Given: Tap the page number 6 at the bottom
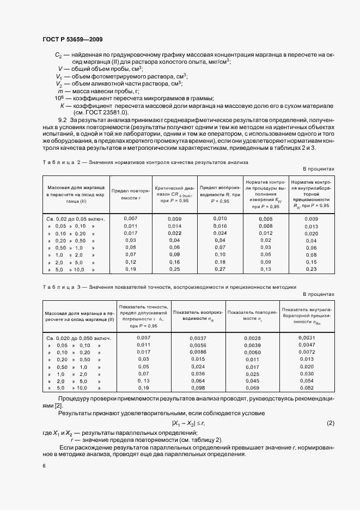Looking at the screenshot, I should [x=44, y=466].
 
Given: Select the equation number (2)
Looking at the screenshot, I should [x=330, y=423].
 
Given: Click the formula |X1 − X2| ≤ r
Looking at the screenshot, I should [x=188, y=423].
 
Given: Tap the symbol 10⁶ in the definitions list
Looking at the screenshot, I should [x=59, y=98].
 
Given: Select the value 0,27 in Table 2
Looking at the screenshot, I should [x=220, y=269].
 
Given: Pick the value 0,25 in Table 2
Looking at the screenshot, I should [x=174, y=269].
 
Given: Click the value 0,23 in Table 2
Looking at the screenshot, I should [x=312, y=269].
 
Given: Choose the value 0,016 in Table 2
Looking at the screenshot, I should [x=220, y=226].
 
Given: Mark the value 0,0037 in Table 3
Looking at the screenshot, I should [x=197, y=338].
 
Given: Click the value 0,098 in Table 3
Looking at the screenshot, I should [x=197, y=387].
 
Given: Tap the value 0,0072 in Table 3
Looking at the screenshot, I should [x=307, y=353].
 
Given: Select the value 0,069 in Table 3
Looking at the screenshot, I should [x=252, y=387].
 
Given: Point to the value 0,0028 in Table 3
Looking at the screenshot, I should [x=252, y=338].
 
